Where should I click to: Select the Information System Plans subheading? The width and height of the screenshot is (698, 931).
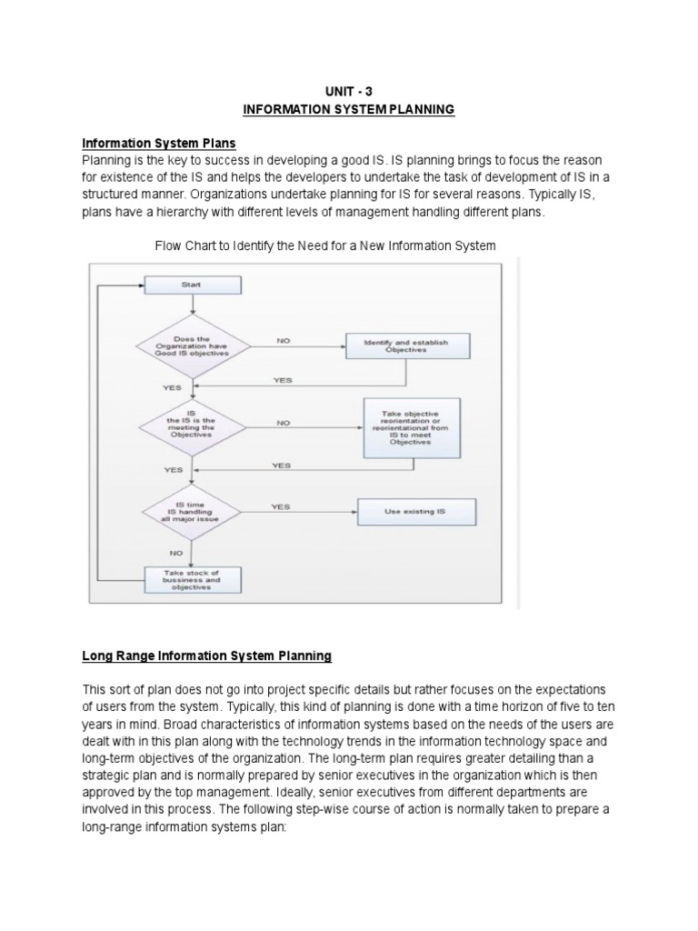pos(158,143)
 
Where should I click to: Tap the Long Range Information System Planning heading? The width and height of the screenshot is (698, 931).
pos(207,655)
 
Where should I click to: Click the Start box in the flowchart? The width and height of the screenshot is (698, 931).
pos(192,285)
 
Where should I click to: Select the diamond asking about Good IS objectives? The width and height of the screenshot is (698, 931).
pos(190,345)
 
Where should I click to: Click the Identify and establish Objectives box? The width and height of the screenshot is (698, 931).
pos(405,345)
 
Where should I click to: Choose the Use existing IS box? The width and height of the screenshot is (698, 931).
pos(414,512)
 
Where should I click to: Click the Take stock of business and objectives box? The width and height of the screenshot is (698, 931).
pos(192,580)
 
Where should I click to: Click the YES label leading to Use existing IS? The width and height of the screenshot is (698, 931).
pos(281,506)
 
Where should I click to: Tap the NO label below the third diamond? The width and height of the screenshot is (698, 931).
pos(176,551)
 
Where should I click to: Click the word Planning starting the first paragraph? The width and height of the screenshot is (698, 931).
pos(106,160)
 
